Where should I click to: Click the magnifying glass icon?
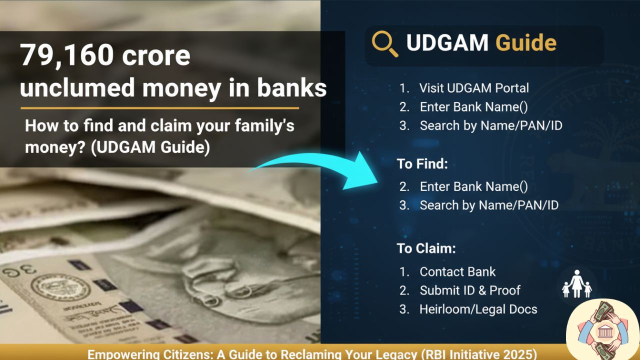coord(384,43)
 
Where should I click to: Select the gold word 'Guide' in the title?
coord(525,43)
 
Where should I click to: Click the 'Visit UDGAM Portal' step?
coord(474,88)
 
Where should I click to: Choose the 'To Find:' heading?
coord(422,163)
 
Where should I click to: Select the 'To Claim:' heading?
coord(426,248)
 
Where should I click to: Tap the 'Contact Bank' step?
coord(457,271)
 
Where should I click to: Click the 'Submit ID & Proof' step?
coord(470,290)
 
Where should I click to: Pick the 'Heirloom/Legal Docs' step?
coord(478,309)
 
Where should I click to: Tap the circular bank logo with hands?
coord(603,330)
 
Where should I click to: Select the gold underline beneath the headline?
coord(159,108)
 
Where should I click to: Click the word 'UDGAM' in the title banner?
coord(447,43)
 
